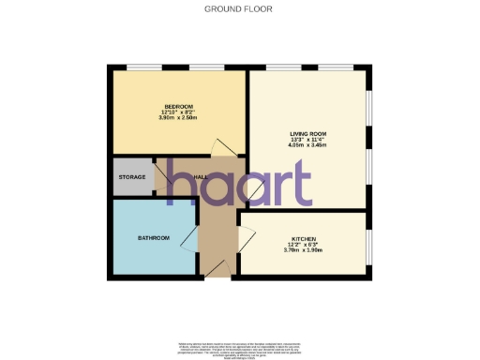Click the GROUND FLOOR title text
click(239, 8)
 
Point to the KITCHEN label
click(303, 238)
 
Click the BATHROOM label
click(154, 238)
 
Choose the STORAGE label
click(131, 177)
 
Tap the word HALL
click(201, 177)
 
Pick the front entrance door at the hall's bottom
click(217, 268)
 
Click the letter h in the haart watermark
click(180, 183)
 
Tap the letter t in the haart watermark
click(299, 183)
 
